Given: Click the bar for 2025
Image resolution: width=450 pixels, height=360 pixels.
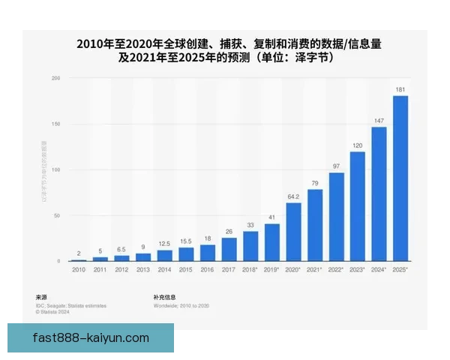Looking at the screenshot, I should pyautogui.click(x=400, y=178).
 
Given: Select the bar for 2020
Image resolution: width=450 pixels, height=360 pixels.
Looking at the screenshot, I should pyautogui.click(x=293, y=232).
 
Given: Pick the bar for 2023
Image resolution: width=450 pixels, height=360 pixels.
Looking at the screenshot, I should pyautogui.click(x=358, y=206).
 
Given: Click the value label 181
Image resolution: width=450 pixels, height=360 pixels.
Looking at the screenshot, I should pyautogui.click(x=400, y=89).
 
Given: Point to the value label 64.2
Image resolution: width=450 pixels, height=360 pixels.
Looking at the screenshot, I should pyautogui.click(x=293, y=196).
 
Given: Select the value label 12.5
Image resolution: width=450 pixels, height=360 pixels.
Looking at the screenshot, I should pyautogui.click(x=163, y=244).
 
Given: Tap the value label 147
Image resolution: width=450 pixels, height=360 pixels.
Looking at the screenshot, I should pyautogui.click(x=379, y=120).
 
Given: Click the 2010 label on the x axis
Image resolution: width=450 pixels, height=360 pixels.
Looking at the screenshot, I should pyautogui.click(x=78, y=268).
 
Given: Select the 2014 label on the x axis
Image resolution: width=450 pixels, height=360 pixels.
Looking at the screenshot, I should pyautogui.click(x=163, y=268).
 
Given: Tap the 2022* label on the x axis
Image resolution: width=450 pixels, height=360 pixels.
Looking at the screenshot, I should pyautogui.click(x=337, y=268).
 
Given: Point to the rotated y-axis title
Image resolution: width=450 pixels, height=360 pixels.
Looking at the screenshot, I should pyautogui.click(x=43, y=171).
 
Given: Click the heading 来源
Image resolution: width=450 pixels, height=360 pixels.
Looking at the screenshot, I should pyautogui.click(x=42, y=298).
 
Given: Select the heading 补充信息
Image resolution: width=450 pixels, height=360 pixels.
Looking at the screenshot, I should pyautogui.click(x=165, y=298).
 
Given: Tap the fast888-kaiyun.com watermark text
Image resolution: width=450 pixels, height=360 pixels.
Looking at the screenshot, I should pyautogui.click(x=91, y=338).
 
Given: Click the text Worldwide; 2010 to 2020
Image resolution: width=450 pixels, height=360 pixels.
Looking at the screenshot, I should pyautogui.click(x=181, y=306).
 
